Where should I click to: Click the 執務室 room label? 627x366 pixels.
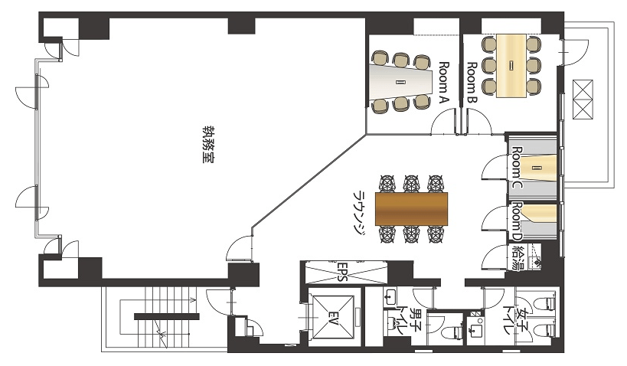207,145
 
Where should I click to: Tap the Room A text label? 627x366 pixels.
444,83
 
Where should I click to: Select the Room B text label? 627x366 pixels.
472,83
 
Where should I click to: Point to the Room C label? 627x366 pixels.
518,168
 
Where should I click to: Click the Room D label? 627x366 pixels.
518,221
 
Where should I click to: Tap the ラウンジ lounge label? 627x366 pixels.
360,211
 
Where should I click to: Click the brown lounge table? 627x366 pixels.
411,209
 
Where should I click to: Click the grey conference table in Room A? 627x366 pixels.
401,83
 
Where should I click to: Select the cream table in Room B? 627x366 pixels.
511,66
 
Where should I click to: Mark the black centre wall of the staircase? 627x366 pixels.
166,317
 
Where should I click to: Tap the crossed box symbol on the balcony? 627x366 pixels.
582,100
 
